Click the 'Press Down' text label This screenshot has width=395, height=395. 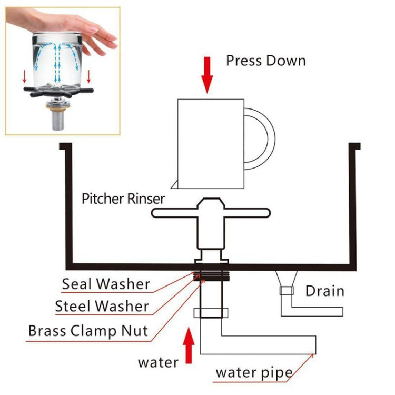pyautogui.click(x=265, y=61)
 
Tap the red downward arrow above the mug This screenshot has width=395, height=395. pyautogui.click(x=208, y=80)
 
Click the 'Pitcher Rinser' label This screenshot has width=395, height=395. pyautogui.click(x=123, y=199)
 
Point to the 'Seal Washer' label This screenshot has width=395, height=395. pyautogui.click(x=106, y=284)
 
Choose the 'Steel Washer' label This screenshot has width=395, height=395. pyautogui.click(x=102, y=305)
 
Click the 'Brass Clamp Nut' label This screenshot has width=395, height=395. pyautogui.click(x=88, y=331)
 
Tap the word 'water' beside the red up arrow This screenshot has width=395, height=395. pyautogui.click(x=158, y=362)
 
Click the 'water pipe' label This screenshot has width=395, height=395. pyautogui.click(x=254, y=373)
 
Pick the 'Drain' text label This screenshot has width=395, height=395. pyautogui.click(x=324, y=290)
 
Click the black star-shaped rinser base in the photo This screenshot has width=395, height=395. pyautogui.click(x=56, y=93)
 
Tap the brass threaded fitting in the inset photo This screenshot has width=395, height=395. pyautogui.click(x=56, y=107)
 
